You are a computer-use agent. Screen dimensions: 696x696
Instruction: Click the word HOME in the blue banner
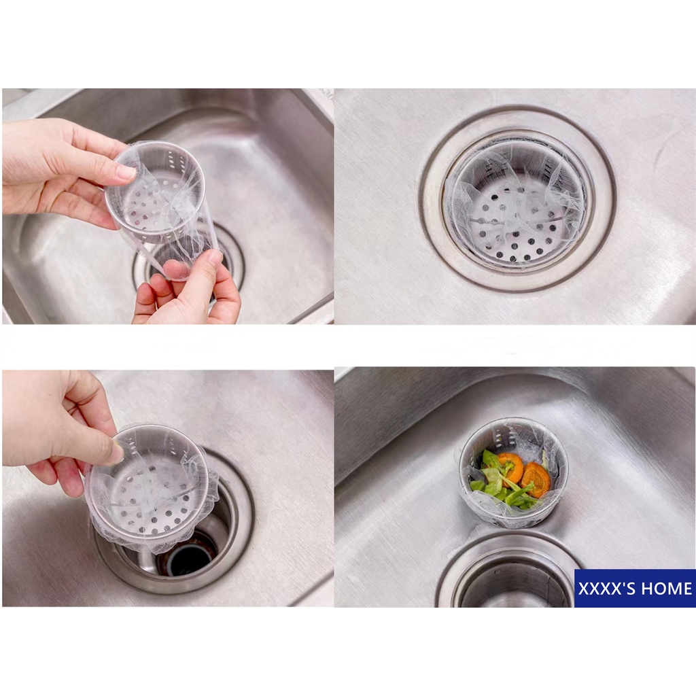coord(666,589)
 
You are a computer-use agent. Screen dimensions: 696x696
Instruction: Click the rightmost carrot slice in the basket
coord(536,480)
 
